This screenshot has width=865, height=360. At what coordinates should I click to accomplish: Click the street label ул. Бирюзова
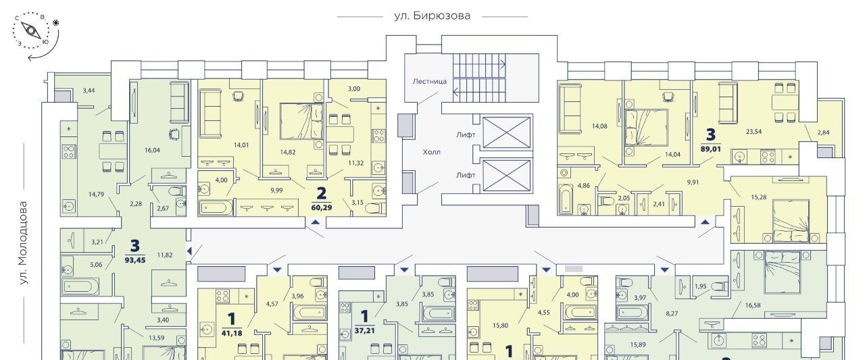[x=432, y=16]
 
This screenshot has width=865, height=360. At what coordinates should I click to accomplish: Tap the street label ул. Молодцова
[x=24, y=243]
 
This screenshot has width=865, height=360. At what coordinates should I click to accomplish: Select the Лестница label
[x=429, y=82]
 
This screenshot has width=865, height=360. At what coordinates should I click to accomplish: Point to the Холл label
[x=431, y=152]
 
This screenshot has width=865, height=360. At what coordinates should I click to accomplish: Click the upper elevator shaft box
[x=506, y=133]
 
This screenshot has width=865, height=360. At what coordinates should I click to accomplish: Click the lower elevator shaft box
[x=506, y=176]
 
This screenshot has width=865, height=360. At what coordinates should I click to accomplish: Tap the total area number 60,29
[x=321, y=207]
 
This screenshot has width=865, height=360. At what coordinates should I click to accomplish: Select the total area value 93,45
[x=135, y=260]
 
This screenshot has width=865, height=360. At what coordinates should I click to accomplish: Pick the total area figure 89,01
[x=710, y=149]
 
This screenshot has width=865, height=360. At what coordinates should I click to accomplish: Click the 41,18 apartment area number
[x=232, y=333]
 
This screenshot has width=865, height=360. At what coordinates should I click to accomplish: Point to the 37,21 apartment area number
[x=364, y=331]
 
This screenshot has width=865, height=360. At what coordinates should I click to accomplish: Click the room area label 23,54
[x=753, y=132]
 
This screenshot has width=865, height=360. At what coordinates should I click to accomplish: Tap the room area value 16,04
[x=152, y=150]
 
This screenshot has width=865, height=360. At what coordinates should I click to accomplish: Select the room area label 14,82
[x=288, y=152]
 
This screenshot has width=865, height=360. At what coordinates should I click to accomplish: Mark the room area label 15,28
[x=758, y=197]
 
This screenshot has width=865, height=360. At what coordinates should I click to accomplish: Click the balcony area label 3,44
[x=89, y=91]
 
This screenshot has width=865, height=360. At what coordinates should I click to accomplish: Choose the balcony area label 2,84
[x=823, y=132]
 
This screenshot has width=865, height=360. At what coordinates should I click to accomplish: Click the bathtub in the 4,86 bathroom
[x=566, y=199]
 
